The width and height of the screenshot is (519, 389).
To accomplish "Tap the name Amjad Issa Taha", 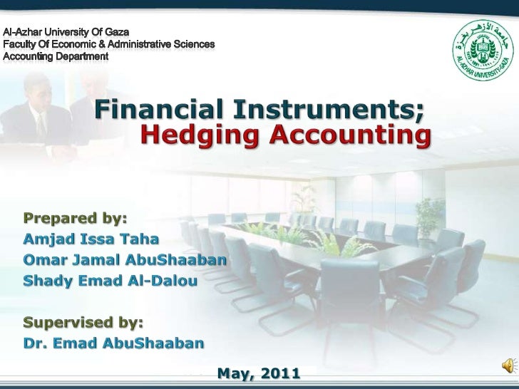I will (91, 238).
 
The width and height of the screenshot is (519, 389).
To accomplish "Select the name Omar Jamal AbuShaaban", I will (125, 259).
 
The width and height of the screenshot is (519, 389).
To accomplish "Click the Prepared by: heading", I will (75, 217).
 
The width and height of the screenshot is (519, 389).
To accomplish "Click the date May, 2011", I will (258, 373).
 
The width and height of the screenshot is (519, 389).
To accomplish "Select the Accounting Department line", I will (56, 56).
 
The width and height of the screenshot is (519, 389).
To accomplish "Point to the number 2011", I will (279, 373).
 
